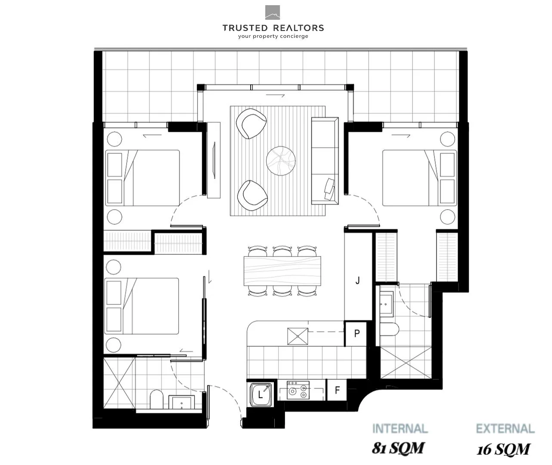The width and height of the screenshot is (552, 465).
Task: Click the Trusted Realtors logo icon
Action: click(273, 12)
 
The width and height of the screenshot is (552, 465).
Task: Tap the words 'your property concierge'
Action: click(273, 37)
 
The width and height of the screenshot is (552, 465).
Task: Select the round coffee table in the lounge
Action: click(281, 161)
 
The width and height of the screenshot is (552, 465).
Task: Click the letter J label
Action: click(357, 281)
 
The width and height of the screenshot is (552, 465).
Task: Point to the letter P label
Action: click(357, 334)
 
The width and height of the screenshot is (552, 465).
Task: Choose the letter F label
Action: click(338, 390)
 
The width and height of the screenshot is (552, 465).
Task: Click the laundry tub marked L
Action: click(260, 394)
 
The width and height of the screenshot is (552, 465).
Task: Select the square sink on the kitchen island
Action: click(298, 336)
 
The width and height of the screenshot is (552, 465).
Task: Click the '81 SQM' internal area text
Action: click(398, 448)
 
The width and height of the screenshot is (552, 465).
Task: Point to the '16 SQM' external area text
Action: click(503, 449)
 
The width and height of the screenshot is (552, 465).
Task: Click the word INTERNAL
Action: click(400, 429)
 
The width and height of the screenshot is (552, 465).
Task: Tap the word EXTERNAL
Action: click(505, 429)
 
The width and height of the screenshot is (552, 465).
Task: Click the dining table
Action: click(282, 271)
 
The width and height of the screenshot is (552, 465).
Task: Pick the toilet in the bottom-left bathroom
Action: click(156, 400)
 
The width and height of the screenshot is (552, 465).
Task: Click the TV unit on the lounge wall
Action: click(214, 160)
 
